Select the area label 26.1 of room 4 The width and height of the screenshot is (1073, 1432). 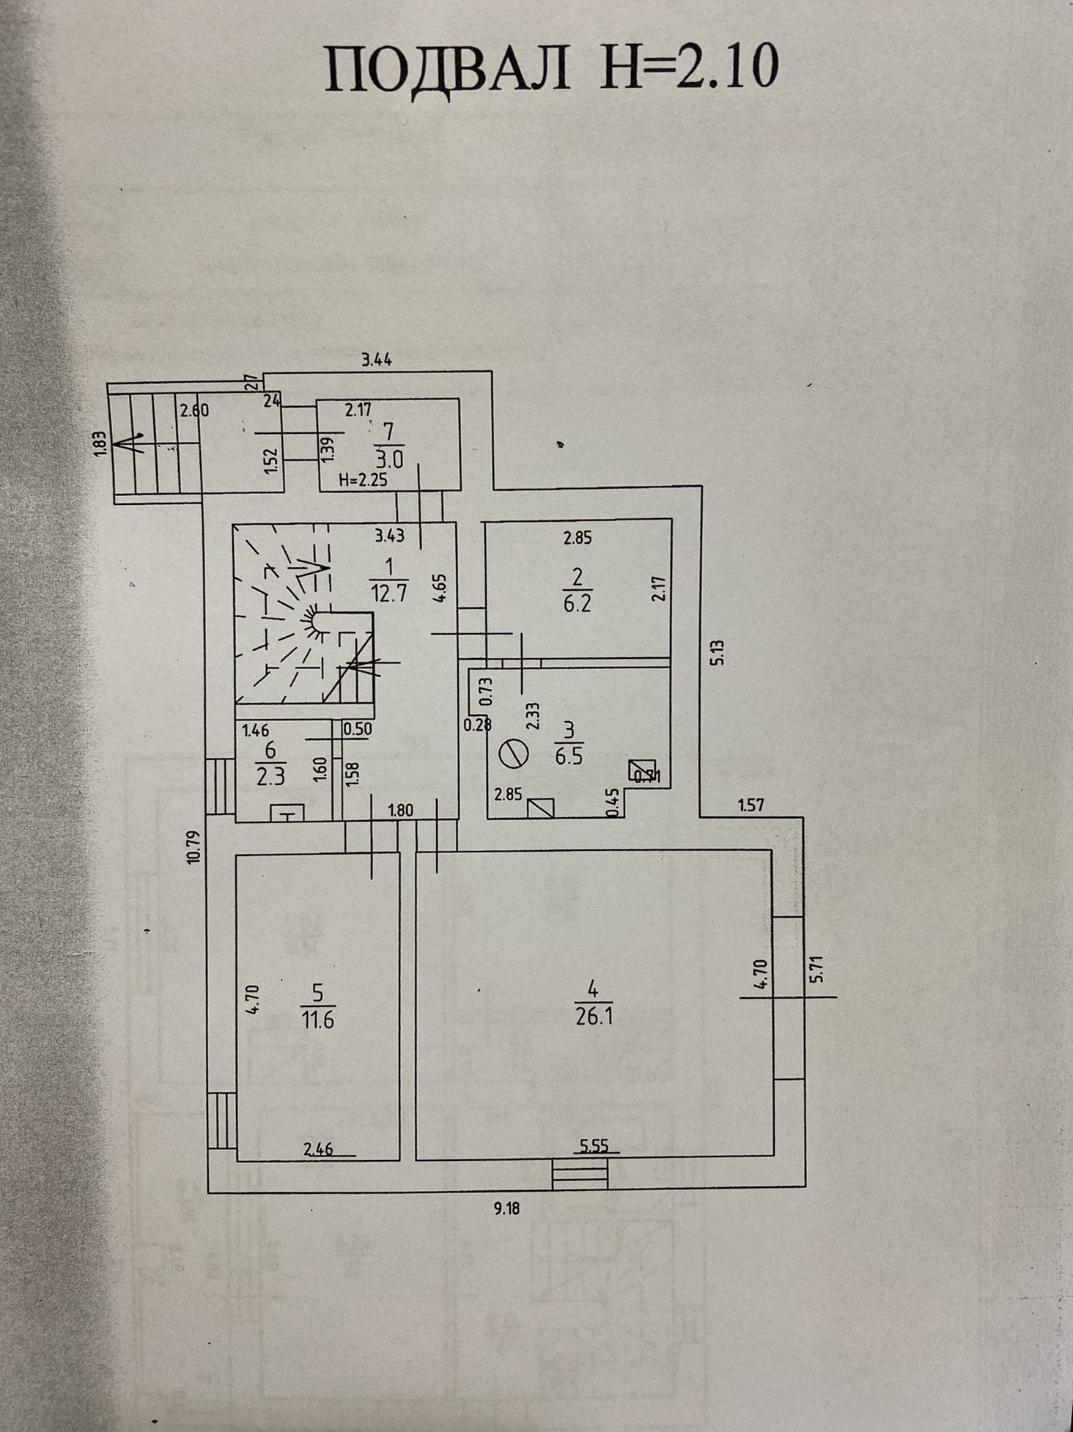coord(594,1017)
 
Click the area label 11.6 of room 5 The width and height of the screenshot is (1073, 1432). coord(317,1019)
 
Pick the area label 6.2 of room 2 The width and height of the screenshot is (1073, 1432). coord(578,603)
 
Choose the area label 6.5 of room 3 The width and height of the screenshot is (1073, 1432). coord(569,756)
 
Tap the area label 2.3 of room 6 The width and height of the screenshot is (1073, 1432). coord(270,775)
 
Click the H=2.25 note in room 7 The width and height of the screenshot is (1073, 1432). coord(363,480)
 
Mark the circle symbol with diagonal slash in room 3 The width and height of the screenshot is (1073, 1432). coord(513,753)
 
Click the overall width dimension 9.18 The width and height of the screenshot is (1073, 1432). coord(506,1208)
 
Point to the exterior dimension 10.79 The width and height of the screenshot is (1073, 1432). coord(193,846)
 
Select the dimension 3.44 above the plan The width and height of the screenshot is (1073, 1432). coord(377,359)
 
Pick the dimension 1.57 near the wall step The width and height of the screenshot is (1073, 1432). coord(751,805)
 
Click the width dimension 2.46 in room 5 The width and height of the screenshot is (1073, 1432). coord(319,1148)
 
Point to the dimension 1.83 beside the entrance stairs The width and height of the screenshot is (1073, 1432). coord(101,444)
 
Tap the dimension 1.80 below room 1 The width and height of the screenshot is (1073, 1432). coord(400,811)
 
